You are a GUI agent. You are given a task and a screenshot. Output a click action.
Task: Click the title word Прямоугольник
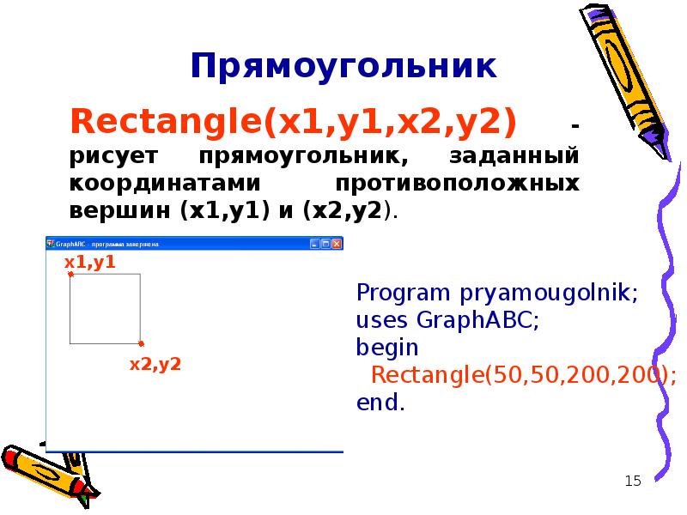click(343, 66)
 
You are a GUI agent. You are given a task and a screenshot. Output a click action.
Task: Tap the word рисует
click(108, 157)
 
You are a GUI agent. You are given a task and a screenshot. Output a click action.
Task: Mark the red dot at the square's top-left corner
click(70, 275)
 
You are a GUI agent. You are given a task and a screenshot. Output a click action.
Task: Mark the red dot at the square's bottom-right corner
click(141, 343)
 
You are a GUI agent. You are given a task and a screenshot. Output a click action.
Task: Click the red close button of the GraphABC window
click(337, 245)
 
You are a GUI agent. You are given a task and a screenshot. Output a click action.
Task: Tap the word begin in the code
click(387, 348)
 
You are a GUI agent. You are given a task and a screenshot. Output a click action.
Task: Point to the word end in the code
click(378, 403)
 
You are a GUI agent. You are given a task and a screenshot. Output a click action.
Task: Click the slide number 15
click(634, 481)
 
